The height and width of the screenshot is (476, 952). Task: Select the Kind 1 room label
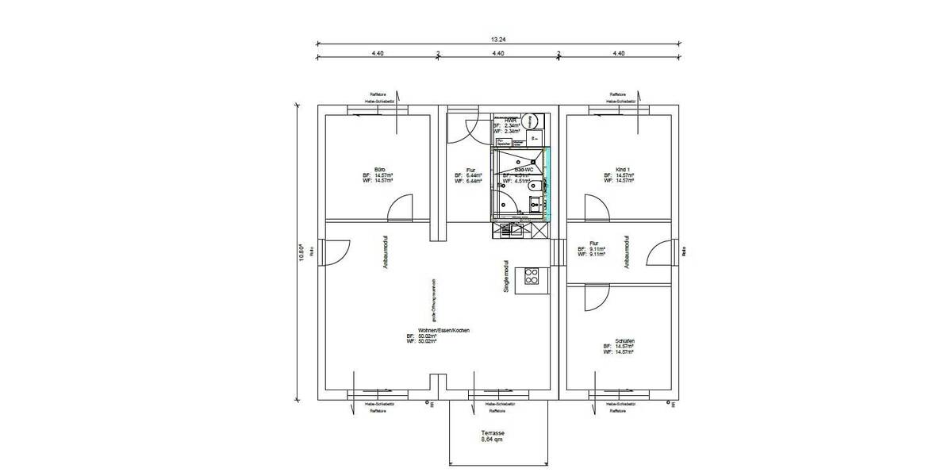point(622,170)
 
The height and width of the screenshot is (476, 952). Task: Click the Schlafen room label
point(624,340)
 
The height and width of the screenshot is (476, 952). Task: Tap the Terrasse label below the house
point(492,432)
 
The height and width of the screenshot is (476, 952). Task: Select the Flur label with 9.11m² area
point(593,244)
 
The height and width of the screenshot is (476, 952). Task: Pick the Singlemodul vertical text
point(505,276)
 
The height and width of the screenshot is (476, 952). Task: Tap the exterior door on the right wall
point(658,253)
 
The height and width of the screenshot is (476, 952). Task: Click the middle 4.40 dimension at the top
point(498,53)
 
